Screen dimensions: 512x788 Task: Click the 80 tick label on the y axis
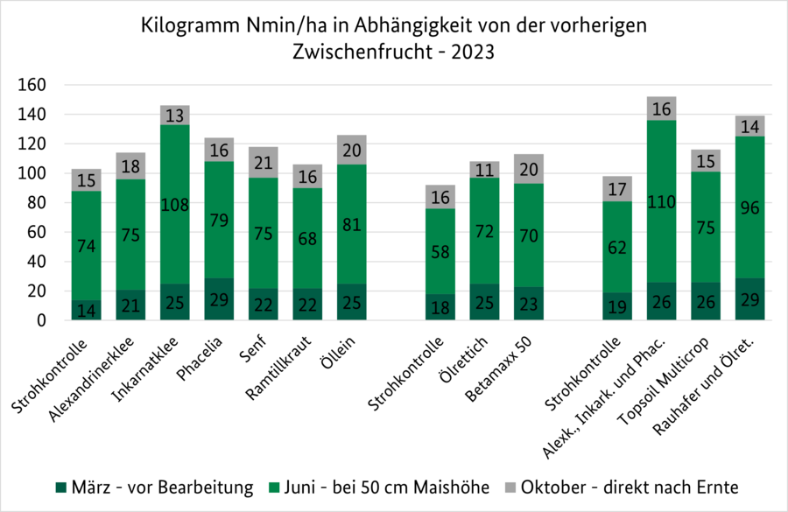[x=36, y=203]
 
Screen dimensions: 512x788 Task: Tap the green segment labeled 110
[x=661, y=201]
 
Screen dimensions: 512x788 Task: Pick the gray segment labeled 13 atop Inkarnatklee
[x=174, y=116]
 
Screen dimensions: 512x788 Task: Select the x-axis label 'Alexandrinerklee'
[x=102, y=372]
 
